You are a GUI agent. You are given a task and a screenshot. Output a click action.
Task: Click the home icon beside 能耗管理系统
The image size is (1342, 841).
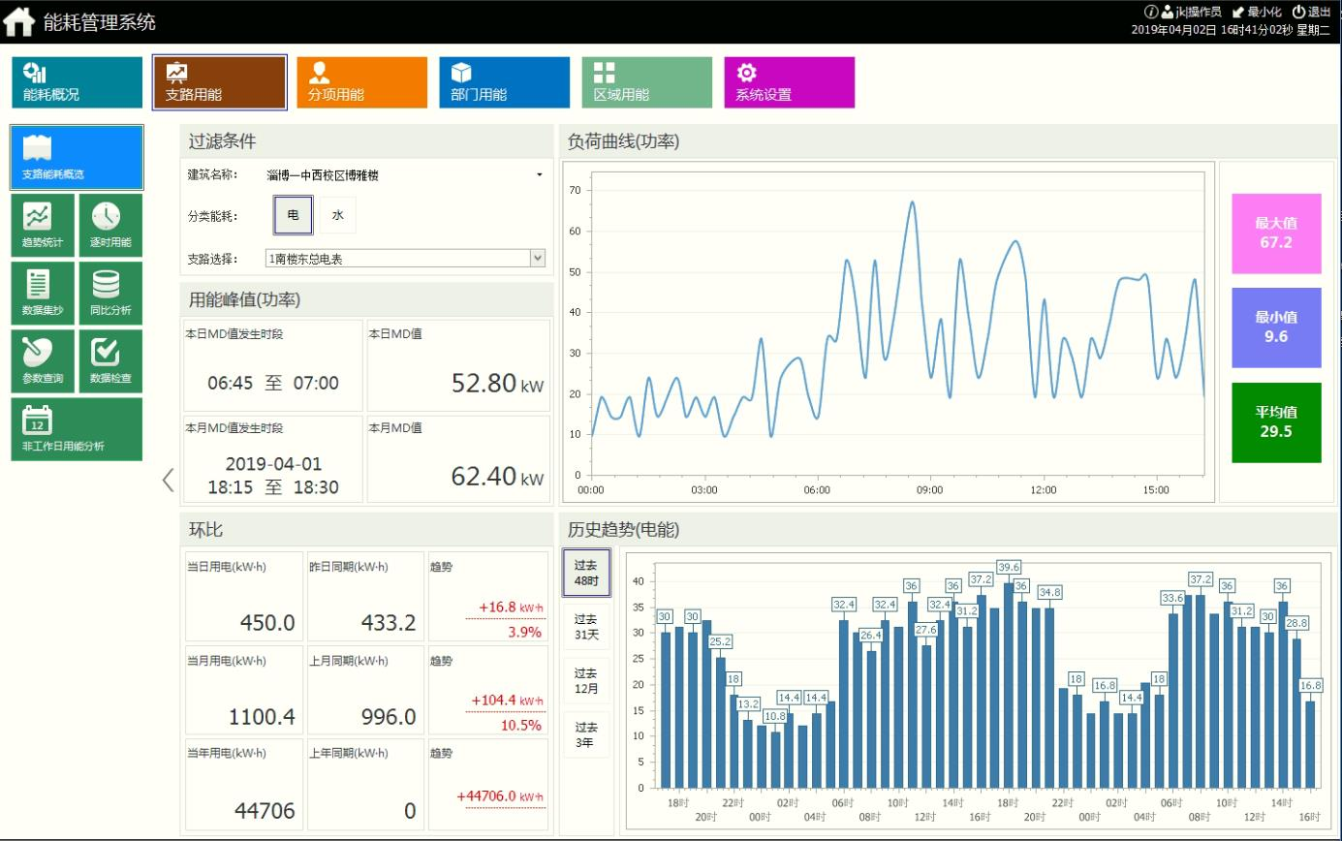click(x=19, y=21)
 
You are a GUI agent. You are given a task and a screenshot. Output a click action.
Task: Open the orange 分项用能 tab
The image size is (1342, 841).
click(x=361, y=82)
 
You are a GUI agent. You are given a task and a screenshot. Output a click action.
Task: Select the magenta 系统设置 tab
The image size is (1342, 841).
click(x=789, y=82)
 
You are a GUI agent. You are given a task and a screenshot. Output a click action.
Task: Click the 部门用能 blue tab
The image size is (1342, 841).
click(x=504, y=82)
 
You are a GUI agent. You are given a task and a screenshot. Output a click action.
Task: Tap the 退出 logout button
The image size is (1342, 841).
click(x=1312, y=12)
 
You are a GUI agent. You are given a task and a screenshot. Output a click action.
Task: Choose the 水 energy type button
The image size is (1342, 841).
click(x=338, y=215)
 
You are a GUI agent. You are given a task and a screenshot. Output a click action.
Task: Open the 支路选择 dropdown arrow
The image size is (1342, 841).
click(x=538, y=258)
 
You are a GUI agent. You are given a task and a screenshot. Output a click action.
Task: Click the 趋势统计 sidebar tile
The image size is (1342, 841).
click(x=42, y=225)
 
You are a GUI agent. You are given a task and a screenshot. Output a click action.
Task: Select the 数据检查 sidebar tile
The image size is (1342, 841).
click(x=110, y=360)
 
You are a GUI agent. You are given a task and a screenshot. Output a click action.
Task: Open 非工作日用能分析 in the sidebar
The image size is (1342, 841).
click(x=76, y=428)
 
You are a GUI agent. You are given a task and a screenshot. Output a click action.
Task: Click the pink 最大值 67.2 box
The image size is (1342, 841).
click(x=1276, y=233)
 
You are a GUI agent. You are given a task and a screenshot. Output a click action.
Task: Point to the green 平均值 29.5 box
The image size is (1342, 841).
click(x=1276, y=422)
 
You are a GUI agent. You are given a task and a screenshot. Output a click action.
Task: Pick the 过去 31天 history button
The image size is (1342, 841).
click(x=585, y=626)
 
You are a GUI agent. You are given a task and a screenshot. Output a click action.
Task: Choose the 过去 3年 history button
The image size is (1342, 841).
click(x=585, y=734)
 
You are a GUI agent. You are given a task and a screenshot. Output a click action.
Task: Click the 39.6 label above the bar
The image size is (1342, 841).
click(x=1009, y=567)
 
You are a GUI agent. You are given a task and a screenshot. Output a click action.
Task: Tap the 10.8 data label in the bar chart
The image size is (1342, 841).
click(x=775, y=716)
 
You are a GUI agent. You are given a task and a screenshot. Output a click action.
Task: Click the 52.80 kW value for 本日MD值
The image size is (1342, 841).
click(x=484, y=383)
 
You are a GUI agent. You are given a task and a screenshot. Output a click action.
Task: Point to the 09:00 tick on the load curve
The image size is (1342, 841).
click(x=930, y=490)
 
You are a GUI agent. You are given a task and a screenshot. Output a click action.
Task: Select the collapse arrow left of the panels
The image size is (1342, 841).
click(x=168, y=480)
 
